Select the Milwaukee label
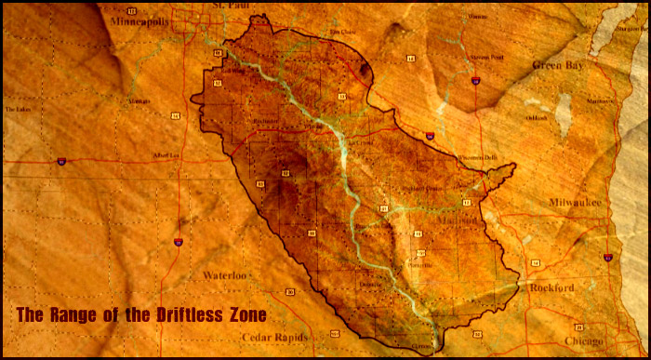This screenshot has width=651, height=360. click(x=576, y=202)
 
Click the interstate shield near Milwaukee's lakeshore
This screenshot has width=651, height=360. click(x=607, y=257)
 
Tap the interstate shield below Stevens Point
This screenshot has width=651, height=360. click(x=475, y=82)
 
